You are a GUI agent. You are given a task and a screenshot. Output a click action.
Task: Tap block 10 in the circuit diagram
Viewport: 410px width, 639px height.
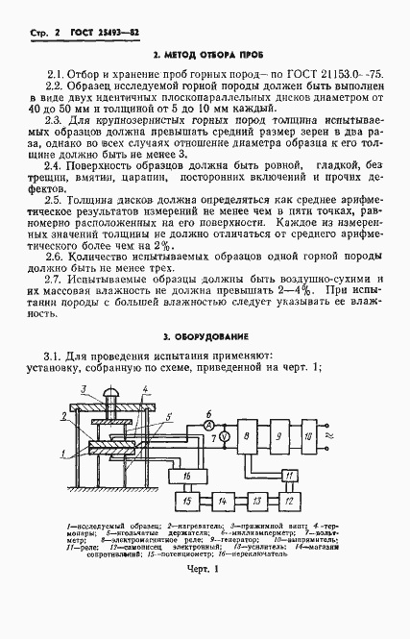pyautogui.click(x=310, y=438)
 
